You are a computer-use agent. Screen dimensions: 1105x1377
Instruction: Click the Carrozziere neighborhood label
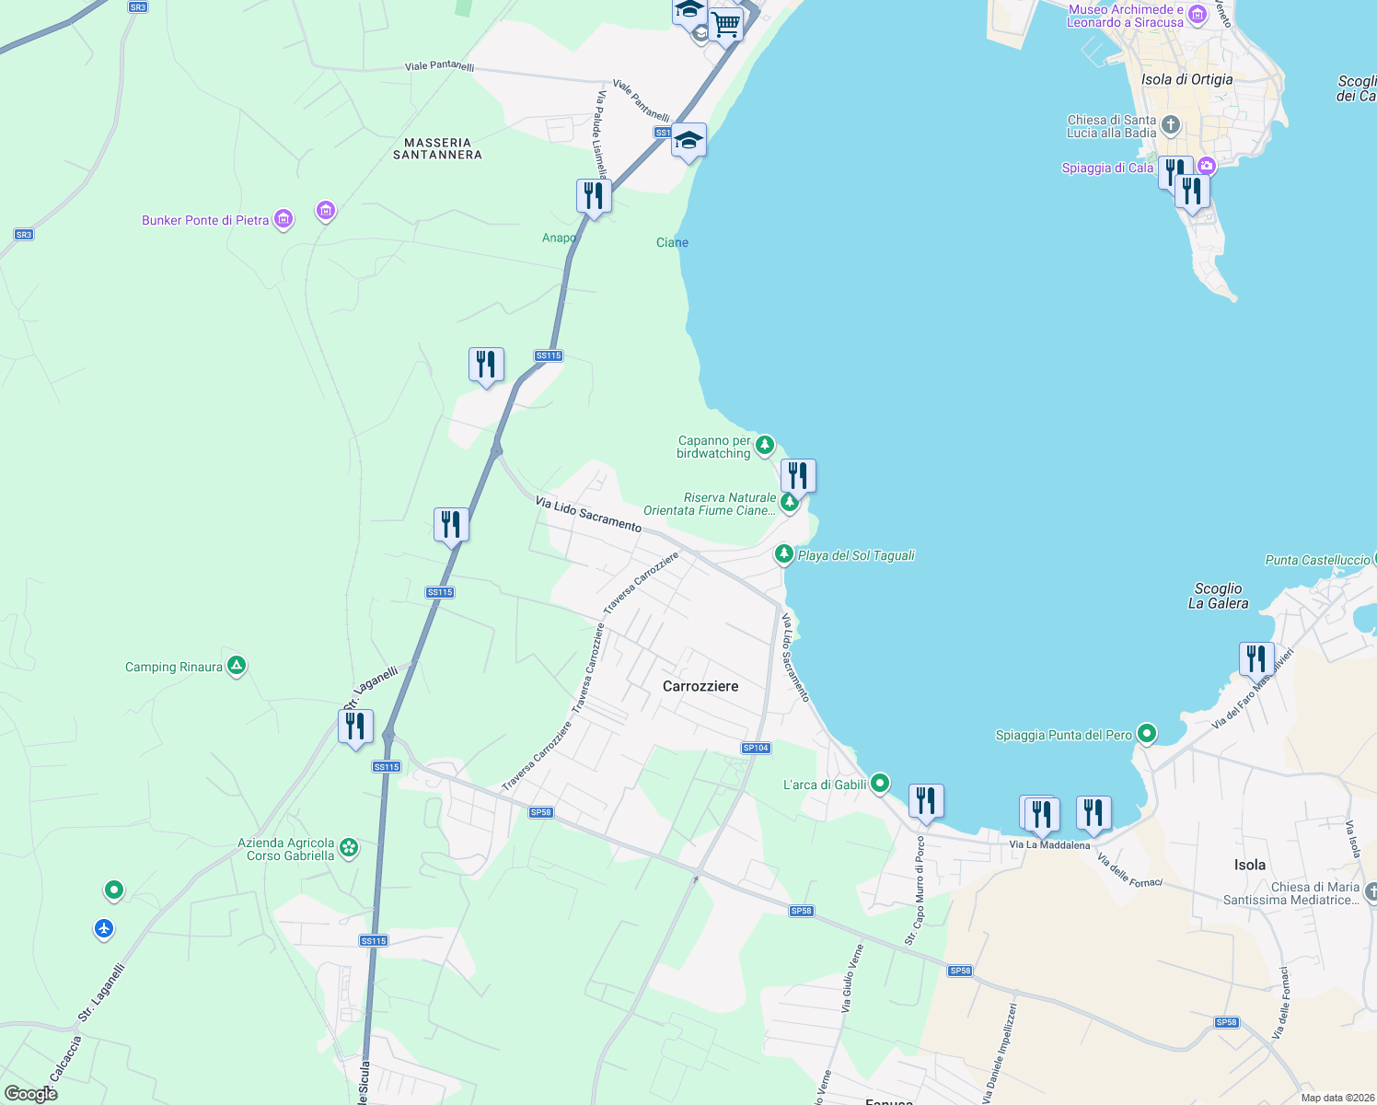(x=700, y=686)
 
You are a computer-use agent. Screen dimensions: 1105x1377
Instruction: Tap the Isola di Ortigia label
(x=1186, y=79)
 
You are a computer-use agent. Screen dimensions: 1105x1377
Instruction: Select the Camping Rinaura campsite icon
(x=237, y=666)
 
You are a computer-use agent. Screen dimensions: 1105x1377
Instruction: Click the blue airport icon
(x=104, y=929)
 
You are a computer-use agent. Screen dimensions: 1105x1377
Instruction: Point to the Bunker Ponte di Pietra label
(x=205, y=220)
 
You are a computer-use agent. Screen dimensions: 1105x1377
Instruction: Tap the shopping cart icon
(x=725, y=23)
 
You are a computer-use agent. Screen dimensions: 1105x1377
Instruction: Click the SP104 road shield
(x=756, y=748)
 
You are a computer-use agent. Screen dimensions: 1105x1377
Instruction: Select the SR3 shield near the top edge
(x=138, y=7)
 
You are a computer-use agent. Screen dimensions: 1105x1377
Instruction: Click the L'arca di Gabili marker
(x=880, y=784)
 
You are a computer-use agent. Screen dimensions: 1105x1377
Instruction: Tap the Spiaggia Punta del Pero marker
(x=1147, y=734)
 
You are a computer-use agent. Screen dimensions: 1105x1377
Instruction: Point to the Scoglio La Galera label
(x=1218, y=596)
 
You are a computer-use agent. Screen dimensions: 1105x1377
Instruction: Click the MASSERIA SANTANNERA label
(x=437, y=148)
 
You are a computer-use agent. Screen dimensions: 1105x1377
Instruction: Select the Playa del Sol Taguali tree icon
(x=783, y=554)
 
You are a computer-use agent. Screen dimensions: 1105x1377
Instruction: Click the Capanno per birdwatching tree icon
(x=764, y=447)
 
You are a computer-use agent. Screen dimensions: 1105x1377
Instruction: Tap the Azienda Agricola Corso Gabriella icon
(x=349, y=848)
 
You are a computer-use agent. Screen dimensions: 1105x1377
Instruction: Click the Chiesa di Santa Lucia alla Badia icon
(x=1171, y=124)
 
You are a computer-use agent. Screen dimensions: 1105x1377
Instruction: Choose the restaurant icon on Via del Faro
(x=1256, y=659)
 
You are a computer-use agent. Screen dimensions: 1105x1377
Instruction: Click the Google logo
(x=30, y=1093)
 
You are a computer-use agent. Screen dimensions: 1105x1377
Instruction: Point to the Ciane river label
(x=672, y=242)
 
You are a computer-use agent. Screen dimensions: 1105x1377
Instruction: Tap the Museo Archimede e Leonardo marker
(x=1197, y=15)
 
